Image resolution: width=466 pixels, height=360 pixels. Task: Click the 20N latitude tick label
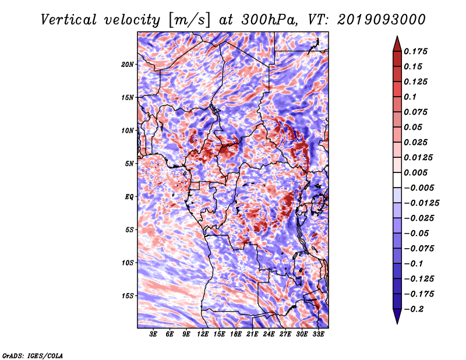tap(128, 65)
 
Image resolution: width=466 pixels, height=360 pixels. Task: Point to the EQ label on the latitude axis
tap(129, 197)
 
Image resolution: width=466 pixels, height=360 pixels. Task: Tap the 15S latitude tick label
tap(128, 296)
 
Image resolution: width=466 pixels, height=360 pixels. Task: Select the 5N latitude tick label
tap(129, 164)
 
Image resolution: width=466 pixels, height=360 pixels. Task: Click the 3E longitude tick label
tap(153, 334)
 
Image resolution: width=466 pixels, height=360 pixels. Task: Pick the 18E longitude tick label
tap(236, 334)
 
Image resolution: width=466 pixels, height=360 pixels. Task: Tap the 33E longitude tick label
tap(318, 334)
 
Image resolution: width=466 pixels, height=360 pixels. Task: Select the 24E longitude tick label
tap(269, 334)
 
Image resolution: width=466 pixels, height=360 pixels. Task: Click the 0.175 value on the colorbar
tap(415, 51)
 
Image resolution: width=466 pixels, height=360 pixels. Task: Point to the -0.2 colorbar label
tap(414, 309)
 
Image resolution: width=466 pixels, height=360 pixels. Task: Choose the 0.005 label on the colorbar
tap(415, 172)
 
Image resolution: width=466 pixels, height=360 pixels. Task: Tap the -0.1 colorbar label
tap(414, 264)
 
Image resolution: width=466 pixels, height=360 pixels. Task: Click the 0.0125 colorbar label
tap(418, 157)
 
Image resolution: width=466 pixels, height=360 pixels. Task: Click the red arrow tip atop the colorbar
tap(397, 36)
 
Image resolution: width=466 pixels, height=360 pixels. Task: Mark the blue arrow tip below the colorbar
tap(397, 323)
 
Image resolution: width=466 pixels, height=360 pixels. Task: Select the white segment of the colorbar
tap(397, 180)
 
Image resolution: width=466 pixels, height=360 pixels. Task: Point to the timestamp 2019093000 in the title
tap(382, 20)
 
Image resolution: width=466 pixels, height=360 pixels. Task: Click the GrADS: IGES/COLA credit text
tap(33, 356)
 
